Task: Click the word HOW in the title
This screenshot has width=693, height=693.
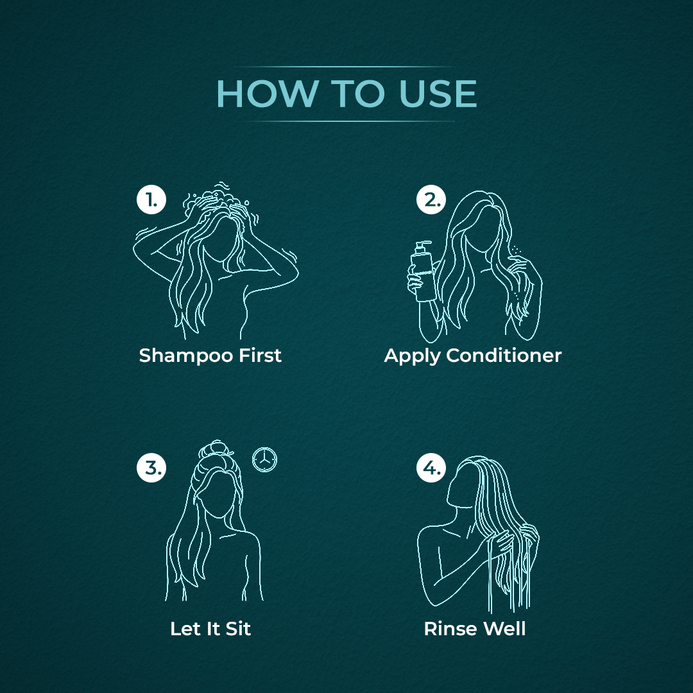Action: click(268, 94)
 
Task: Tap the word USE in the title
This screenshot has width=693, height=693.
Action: click(438, 94)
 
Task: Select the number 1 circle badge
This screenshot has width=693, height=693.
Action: click(151, 200)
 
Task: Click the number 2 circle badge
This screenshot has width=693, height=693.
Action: click(431, 200)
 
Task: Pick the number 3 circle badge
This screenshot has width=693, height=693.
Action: click(151, 468)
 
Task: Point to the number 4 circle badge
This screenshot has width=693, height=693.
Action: click(431, 468)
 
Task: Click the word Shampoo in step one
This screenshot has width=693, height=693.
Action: click(186, 356)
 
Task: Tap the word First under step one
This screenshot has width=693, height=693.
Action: click(261, 355)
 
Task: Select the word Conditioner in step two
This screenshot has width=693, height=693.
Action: click(504, 355)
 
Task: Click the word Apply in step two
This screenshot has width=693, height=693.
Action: click(413, 356)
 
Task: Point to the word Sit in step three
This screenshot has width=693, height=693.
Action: click(238, 628)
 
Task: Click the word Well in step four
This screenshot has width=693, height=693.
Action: click(504, 628)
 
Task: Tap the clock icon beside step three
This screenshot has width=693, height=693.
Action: click(264, 459)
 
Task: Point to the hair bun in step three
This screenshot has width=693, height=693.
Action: click(217, 451)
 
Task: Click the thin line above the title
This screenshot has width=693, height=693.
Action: click(344, 67)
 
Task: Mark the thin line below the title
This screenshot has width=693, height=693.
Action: click(344, 121)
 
